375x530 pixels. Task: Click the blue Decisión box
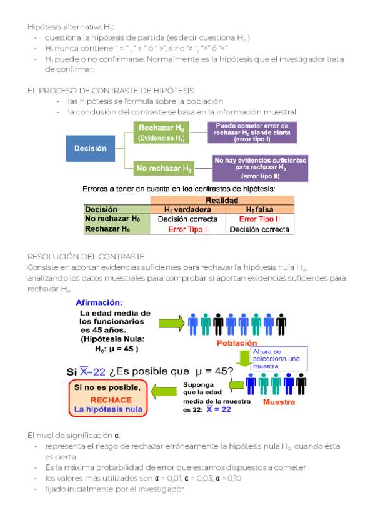point(91,149)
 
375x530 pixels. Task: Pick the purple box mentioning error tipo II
point(261,168)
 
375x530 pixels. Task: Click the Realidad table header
point(222,200)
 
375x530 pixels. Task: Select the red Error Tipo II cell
point(259,219)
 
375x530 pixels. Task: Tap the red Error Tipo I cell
point(187,229)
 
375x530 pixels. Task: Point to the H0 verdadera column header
point(187,209)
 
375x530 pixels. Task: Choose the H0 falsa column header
point(259,209)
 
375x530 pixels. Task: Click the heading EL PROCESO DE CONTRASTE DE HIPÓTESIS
point(111,91)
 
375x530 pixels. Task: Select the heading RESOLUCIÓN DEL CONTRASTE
point(86,256)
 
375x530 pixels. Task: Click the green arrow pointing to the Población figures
point(170,323)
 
